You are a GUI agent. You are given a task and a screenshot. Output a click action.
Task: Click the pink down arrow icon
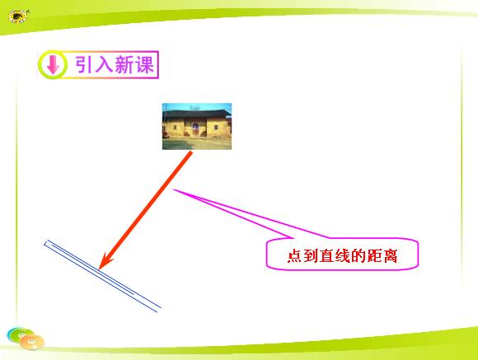coord(53,64)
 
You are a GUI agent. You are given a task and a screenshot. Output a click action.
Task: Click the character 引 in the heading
coord(83,64)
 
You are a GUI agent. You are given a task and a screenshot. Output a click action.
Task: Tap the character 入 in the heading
coord(103,64)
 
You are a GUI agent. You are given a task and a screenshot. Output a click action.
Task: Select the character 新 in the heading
coord(124,64)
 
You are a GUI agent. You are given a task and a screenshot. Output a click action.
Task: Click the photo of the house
coord(197,127)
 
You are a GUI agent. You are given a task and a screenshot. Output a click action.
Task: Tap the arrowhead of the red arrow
coord(105,261)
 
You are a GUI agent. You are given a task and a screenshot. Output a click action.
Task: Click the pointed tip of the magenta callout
coord(174,190)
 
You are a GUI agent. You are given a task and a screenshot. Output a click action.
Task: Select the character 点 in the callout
coord(295,255)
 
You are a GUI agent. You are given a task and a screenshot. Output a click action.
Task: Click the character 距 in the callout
coord(374,255)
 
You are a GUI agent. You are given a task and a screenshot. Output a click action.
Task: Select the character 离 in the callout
coord(390,255)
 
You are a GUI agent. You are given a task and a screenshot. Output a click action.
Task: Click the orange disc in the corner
coord(32,342)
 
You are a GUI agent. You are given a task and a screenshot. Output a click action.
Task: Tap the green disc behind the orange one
coord(19,334)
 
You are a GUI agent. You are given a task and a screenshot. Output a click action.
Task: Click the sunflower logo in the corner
coord(18,16)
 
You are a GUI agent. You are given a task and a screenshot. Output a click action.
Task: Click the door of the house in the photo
coord(195,129)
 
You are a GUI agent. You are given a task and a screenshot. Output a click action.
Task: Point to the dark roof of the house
coord(197,115)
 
